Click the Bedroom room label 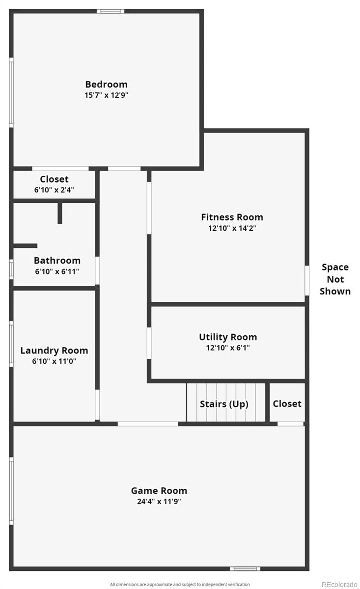tap(106, 84)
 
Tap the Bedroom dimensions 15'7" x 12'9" tap(106, 95)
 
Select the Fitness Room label tap(232, 217)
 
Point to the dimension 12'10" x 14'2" tap(232, 228)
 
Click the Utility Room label tap(228, 337)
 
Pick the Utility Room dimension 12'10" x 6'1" tap(228, 348)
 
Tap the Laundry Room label tap(54, 351)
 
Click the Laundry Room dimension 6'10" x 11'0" tap(54, 361)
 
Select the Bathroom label tap(57, 261)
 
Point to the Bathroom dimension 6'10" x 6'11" tap(57, 271)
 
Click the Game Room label tap(159, 491)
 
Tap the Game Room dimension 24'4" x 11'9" tap(159, 502)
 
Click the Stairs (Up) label tap(224, 404)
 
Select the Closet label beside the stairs tap(287, 403)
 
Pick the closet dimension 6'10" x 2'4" tap(54, 190)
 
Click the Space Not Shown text tap(335, 279)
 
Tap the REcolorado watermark tap(339, 584)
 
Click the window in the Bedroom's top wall tap(111, 11)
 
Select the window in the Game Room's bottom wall tap(245, 569)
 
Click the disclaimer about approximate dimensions tap(180, 584)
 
